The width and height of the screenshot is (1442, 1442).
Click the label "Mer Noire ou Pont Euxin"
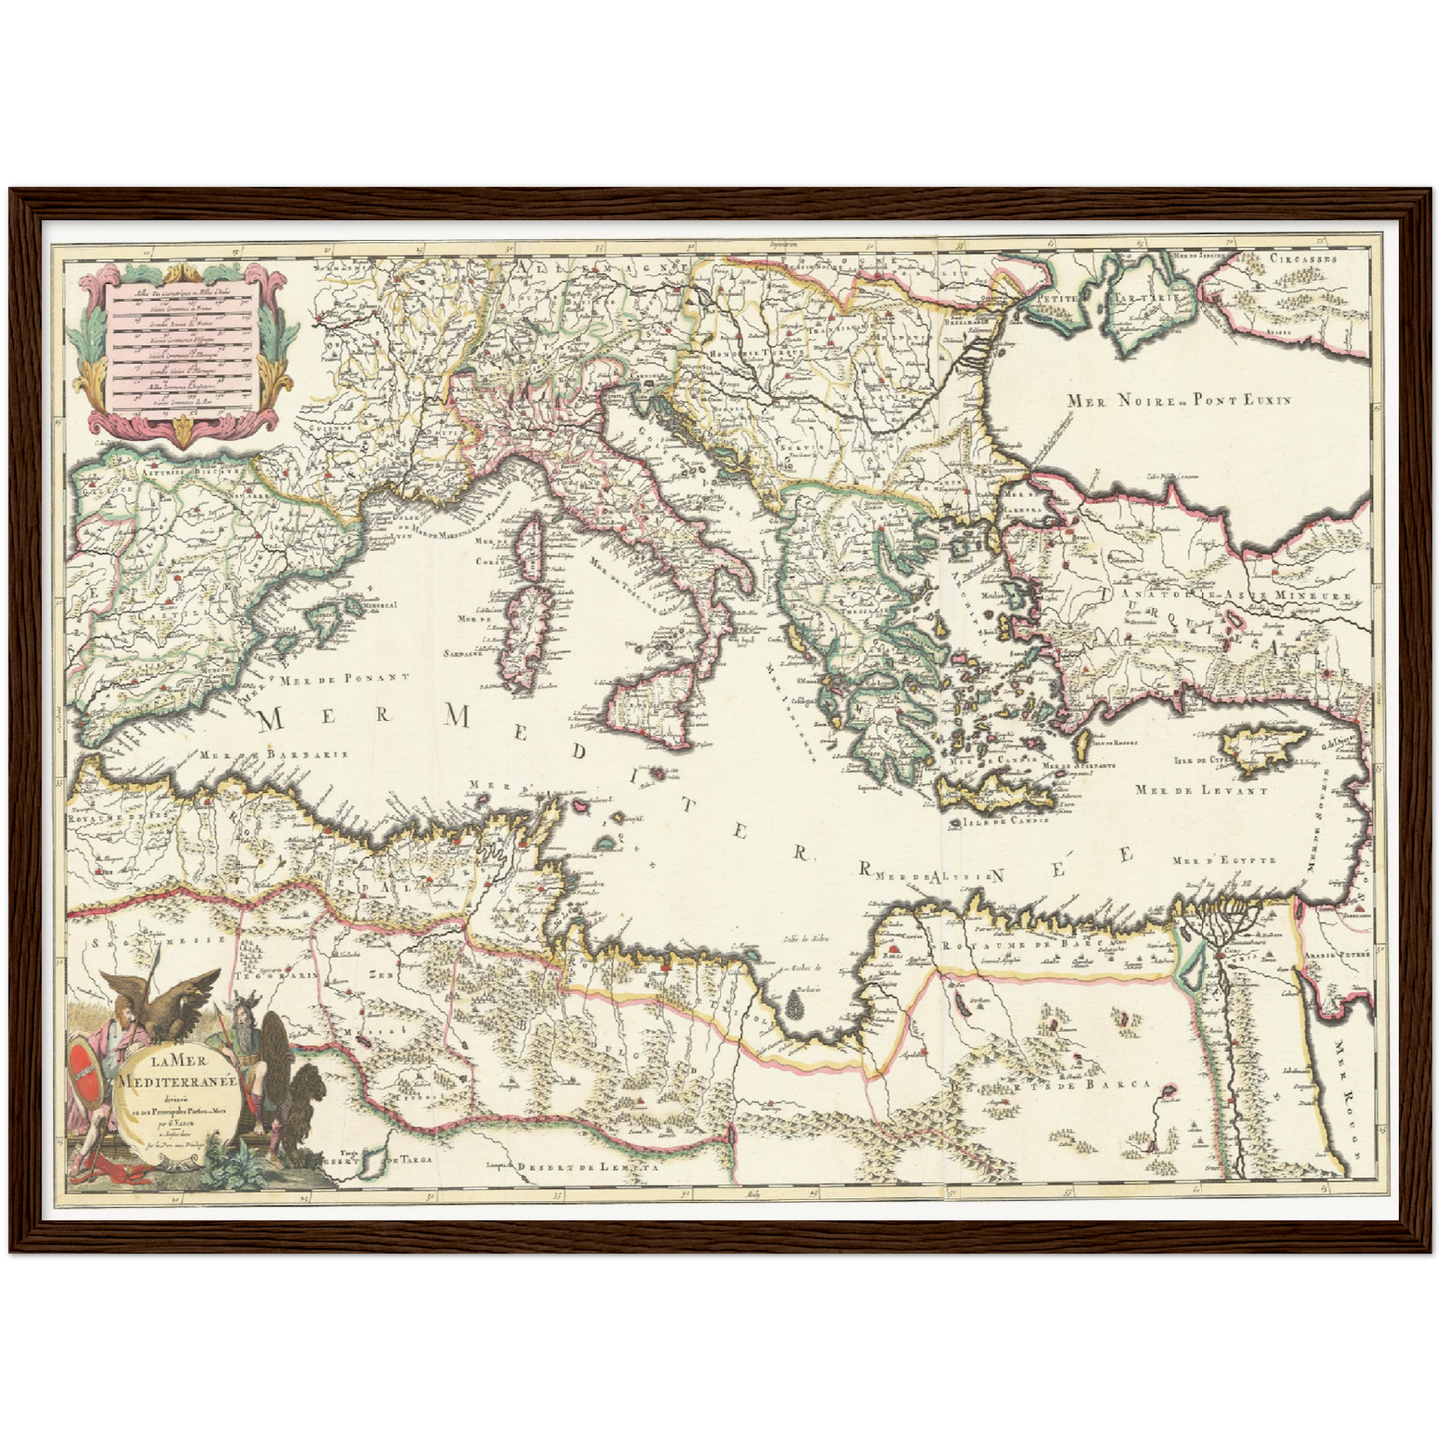pos(1179,400)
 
